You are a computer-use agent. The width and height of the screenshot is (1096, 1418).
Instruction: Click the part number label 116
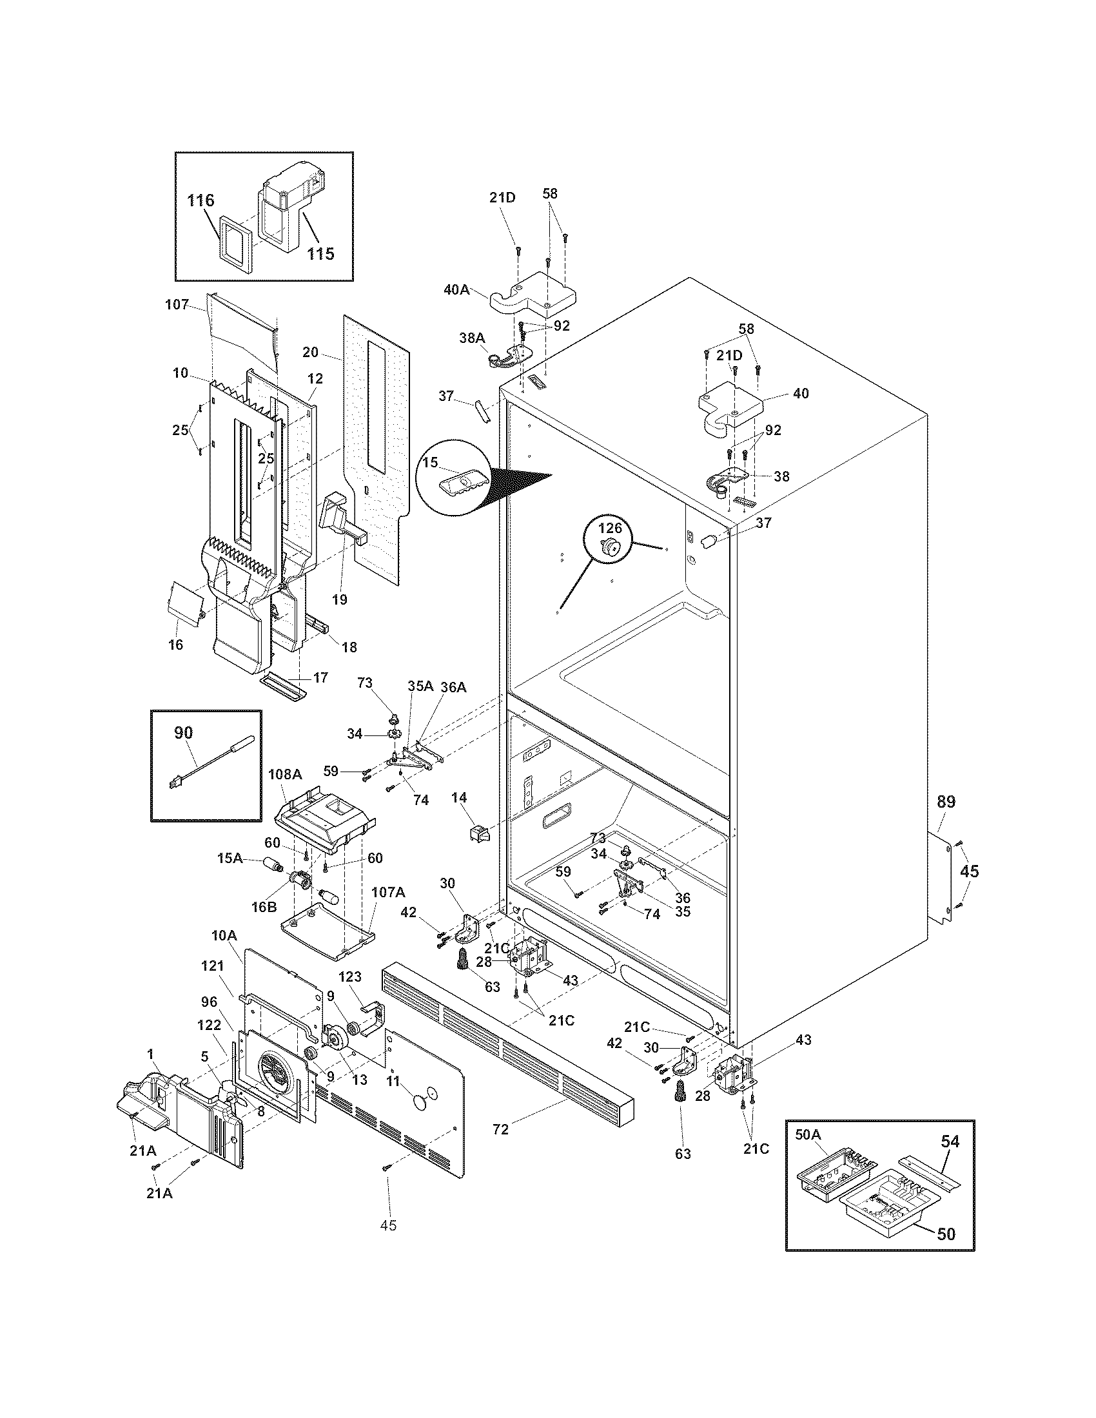pyautogui.click(x=201, y=200)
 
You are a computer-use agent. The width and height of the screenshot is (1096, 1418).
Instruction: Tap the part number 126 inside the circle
pyautogui.click(x=610, y=528)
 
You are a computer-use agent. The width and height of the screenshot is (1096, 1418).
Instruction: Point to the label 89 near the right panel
pyautogui.click(x=946, y=802)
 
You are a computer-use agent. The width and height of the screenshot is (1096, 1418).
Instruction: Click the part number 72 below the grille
pyautogui.click(x=500, y=1130)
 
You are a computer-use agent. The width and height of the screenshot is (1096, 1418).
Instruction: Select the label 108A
pyautogui.click(x=285, y=774)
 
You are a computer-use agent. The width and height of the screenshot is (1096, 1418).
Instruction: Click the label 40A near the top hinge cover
pyautogui.click(x=456, y=289)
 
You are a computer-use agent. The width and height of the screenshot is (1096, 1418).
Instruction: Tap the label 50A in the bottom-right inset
pyautogui.click(x=808, y=1134)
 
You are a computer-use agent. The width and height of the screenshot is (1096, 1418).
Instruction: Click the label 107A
pyautogui.click(x=387, y=892)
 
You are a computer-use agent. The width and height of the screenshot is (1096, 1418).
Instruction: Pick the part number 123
pyautogui.click(x=349, y=976)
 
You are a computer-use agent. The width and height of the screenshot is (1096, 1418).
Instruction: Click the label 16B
pyautogui.click(x=264, y=907)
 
